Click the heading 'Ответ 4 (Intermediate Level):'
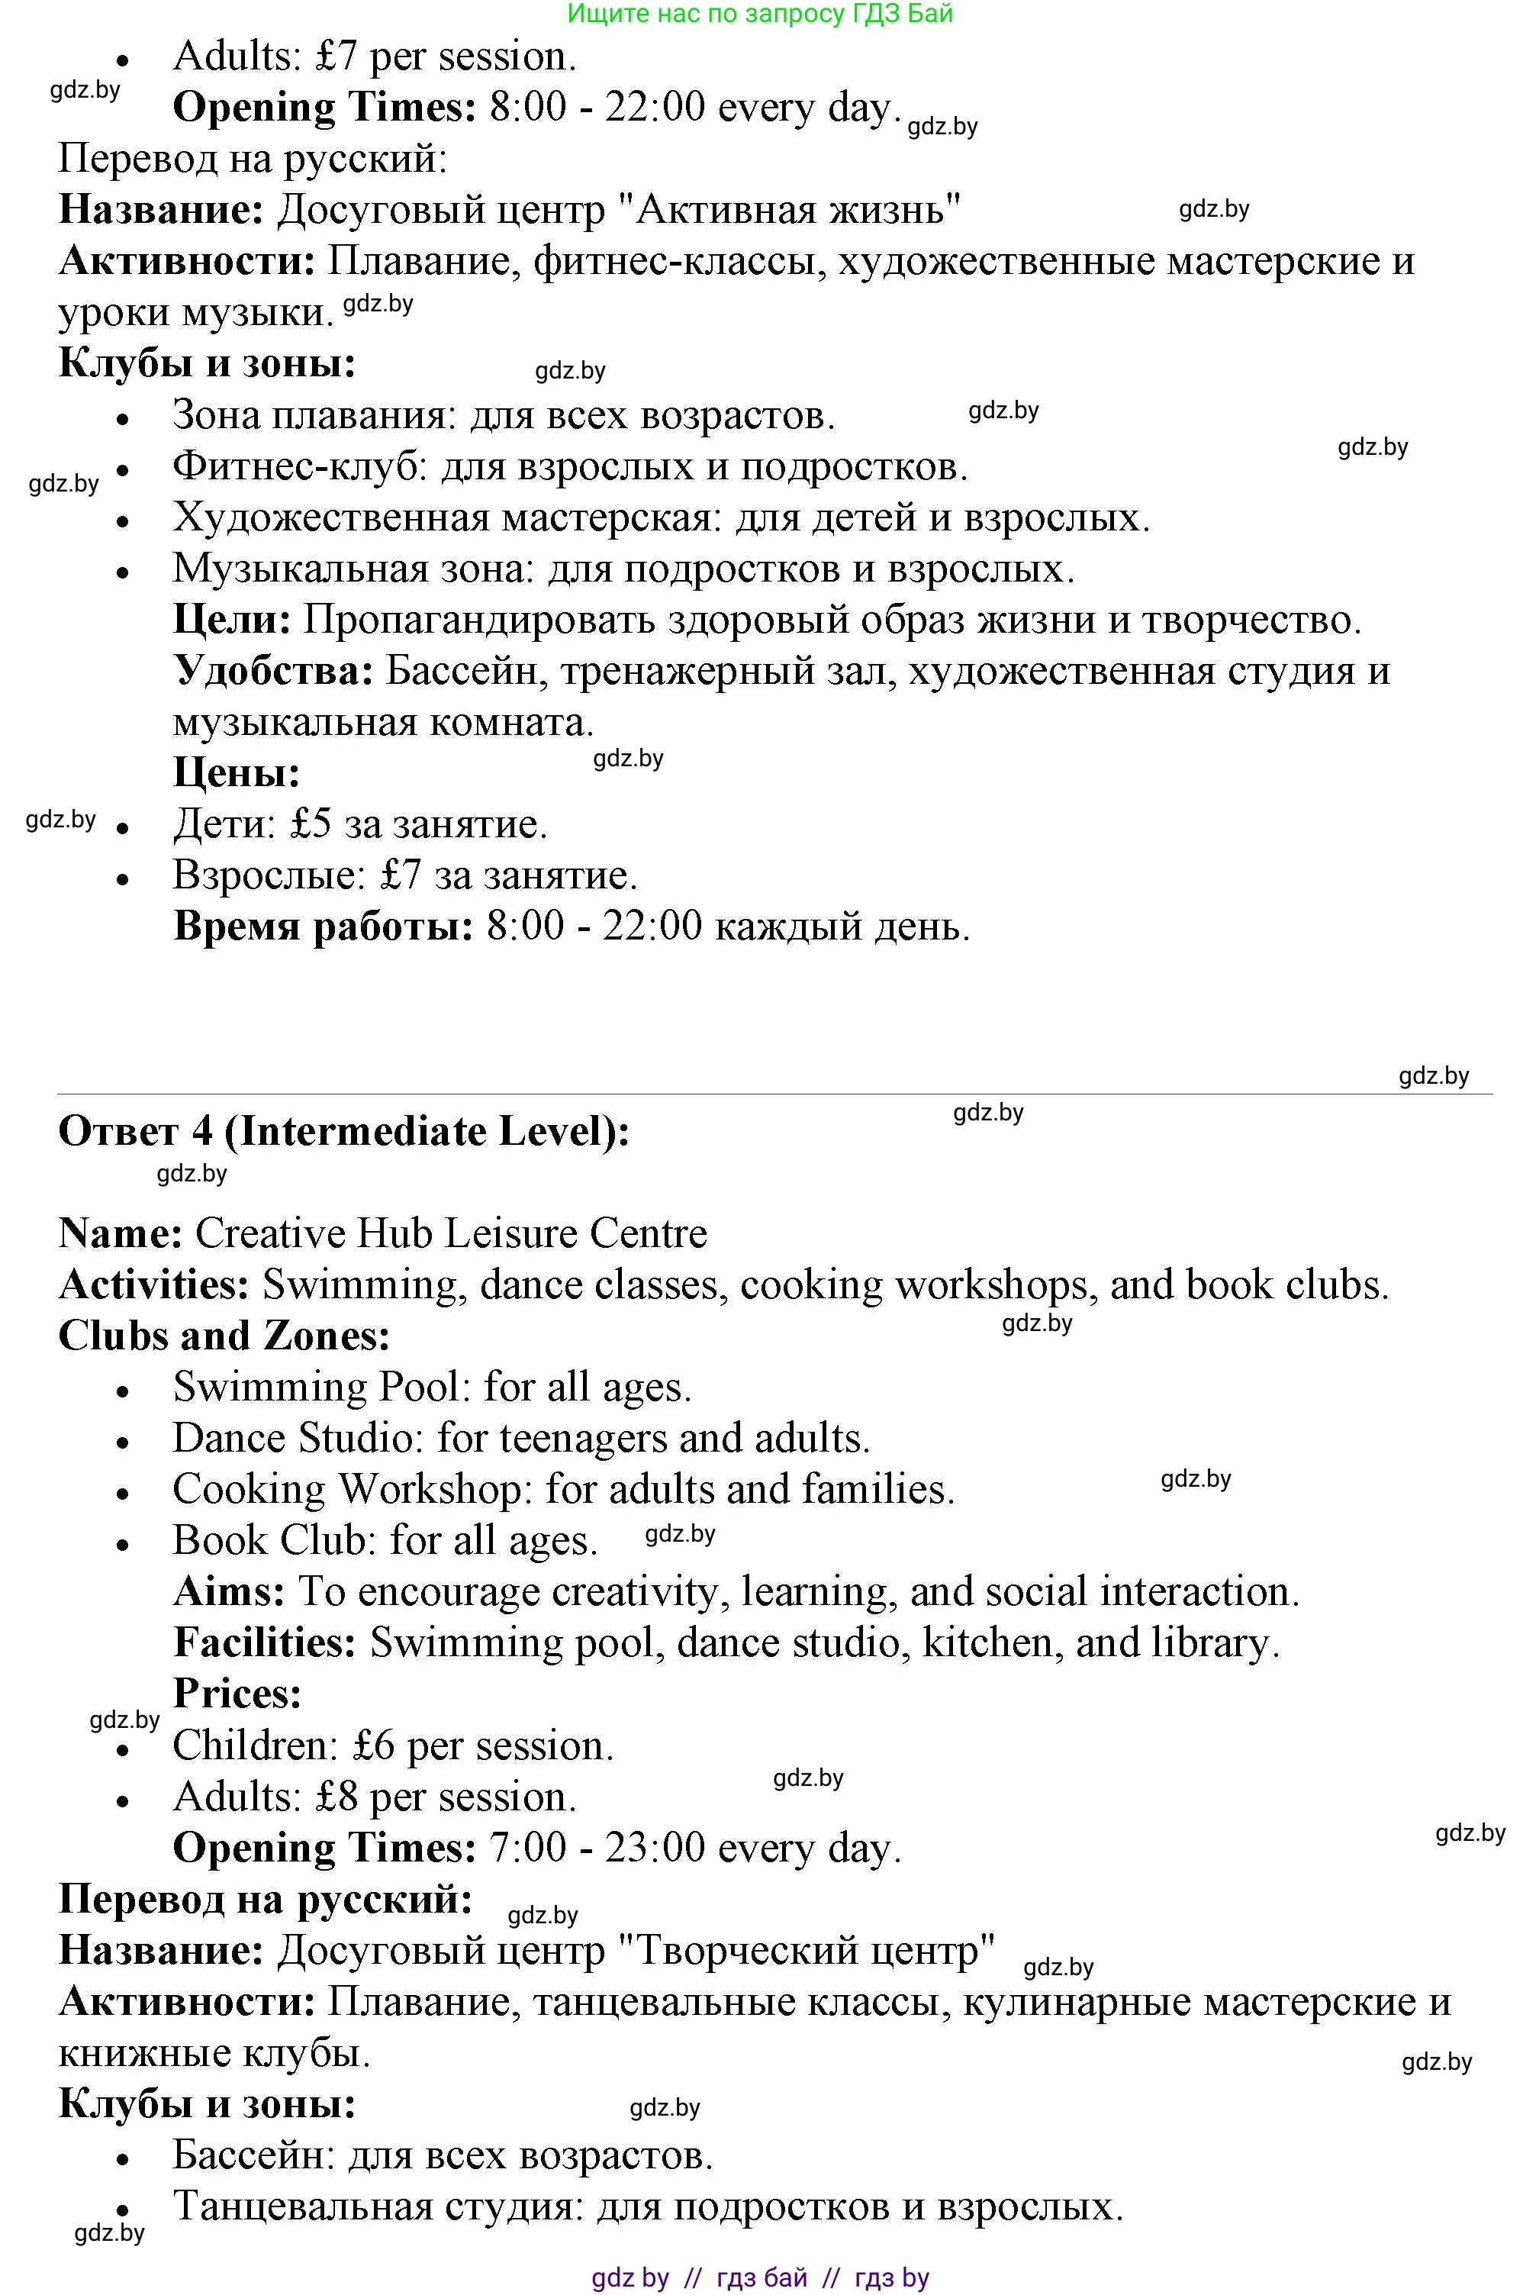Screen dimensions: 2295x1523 344,1132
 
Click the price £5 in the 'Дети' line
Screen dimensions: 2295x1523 311,825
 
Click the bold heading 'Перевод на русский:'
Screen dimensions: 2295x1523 266,1900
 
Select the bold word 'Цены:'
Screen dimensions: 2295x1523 236,773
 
